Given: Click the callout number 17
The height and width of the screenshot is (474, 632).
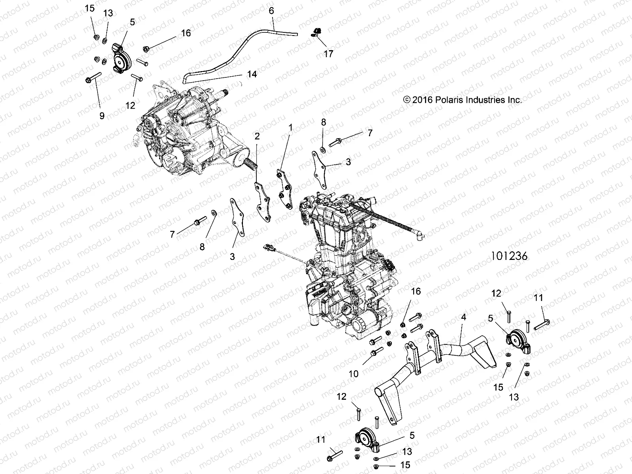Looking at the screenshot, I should coord(328,54).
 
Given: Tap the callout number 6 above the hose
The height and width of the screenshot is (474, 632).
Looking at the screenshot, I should coord(271,11).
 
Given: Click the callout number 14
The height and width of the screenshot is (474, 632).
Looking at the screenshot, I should coord(252,74).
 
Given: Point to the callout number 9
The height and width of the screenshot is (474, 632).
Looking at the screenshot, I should coord(102,116).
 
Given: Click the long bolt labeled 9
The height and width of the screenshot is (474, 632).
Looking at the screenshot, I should coord(93,77).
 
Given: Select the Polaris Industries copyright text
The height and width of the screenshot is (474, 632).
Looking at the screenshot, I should coord(462,100).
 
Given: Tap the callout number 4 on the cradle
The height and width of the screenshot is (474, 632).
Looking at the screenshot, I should coord(463,317).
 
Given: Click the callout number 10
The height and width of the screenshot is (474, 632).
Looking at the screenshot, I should coord(354,373).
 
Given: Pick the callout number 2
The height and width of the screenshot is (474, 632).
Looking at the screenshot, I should coord(257,136).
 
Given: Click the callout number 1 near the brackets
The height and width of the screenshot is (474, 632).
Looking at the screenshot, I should coord(291,127).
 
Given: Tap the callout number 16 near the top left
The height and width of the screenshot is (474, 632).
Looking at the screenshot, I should coord(186,33).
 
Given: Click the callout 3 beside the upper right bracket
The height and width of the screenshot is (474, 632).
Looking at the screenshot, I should coord(348,162).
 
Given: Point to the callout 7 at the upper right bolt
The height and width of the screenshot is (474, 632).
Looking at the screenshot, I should coord(370,133).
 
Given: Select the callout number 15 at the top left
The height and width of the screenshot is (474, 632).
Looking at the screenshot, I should coord(90,8).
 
